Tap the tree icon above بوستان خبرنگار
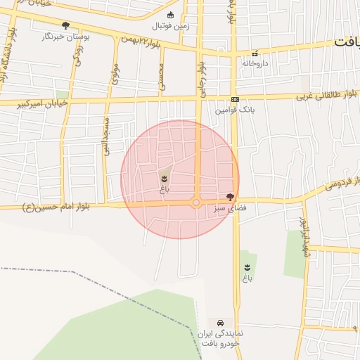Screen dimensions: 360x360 point(65,25)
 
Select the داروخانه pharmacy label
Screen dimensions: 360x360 point(256,63)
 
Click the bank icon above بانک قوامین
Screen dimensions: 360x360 point(234,100)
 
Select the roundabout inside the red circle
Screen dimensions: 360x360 point(196,203)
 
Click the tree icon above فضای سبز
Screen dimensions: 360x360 point(230,198)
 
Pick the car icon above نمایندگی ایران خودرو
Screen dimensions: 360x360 point(220,322)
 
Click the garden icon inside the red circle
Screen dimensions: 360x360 point(164,178)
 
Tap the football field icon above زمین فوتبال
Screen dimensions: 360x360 point(170,15)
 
